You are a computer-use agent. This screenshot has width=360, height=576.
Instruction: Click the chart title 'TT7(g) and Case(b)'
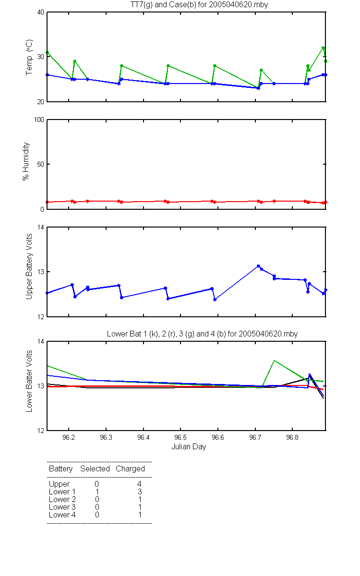pyautogui.click(x=163, y=5)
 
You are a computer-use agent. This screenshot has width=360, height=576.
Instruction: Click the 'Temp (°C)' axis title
pyautogui.click(x=29, y=57)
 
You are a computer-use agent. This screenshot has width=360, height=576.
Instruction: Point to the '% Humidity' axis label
pyautogui.click(x=26, y=161)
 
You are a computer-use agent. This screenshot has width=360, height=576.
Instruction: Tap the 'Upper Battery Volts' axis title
pyautogui.click(x=29, y=266)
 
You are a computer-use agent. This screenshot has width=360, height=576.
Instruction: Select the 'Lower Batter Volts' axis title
pyautogui.click(x=29, y=381)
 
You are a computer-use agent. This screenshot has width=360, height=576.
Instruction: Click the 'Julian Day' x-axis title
pyautogui.click(x=189, y=447)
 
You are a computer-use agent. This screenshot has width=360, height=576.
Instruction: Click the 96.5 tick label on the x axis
pyautogui.click(x=180, y=437)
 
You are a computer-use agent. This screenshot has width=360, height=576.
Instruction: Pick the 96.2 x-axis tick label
pyautogui.click(x=69, y=437)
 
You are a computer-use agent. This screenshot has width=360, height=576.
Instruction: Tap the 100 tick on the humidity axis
pyautogui.click(x=39, y=120)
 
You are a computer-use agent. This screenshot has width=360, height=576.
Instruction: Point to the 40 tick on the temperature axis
pyautogui.click(x=41, y=12)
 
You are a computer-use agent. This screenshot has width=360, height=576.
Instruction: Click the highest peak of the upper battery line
pyautogui.click(x=258, y=266)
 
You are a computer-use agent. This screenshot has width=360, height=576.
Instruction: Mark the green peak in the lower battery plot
pyautogui.click(x=275, y=360)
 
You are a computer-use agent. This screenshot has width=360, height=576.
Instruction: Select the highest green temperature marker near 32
pyautogui.click(x=323, y=48)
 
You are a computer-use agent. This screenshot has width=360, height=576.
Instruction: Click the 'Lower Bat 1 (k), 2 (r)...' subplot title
pyautogui.click(x=203, y=334)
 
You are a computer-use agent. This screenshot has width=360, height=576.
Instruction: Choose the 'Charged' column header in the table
pyautogui.click(x=130, y=468)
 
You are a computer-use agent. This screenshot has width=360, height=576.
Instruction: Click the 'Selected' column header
pyautogui.click(x=95, y=468)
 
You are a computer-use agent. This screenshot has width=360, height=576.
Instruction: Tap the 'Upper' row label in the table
pyautogui.click(x=59, y=484)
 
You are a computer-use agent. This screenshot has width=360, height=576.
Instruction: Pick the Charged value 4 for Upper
pyautogui.click(x=139, y=484)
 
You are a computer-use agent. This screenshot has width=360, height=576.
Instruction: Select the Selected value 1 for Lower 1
pyautogui.click(x=97, y=492)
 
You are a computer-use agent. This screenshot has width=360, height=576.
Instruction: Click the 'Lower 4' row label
pyautogui.click(x=62, y=515)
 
